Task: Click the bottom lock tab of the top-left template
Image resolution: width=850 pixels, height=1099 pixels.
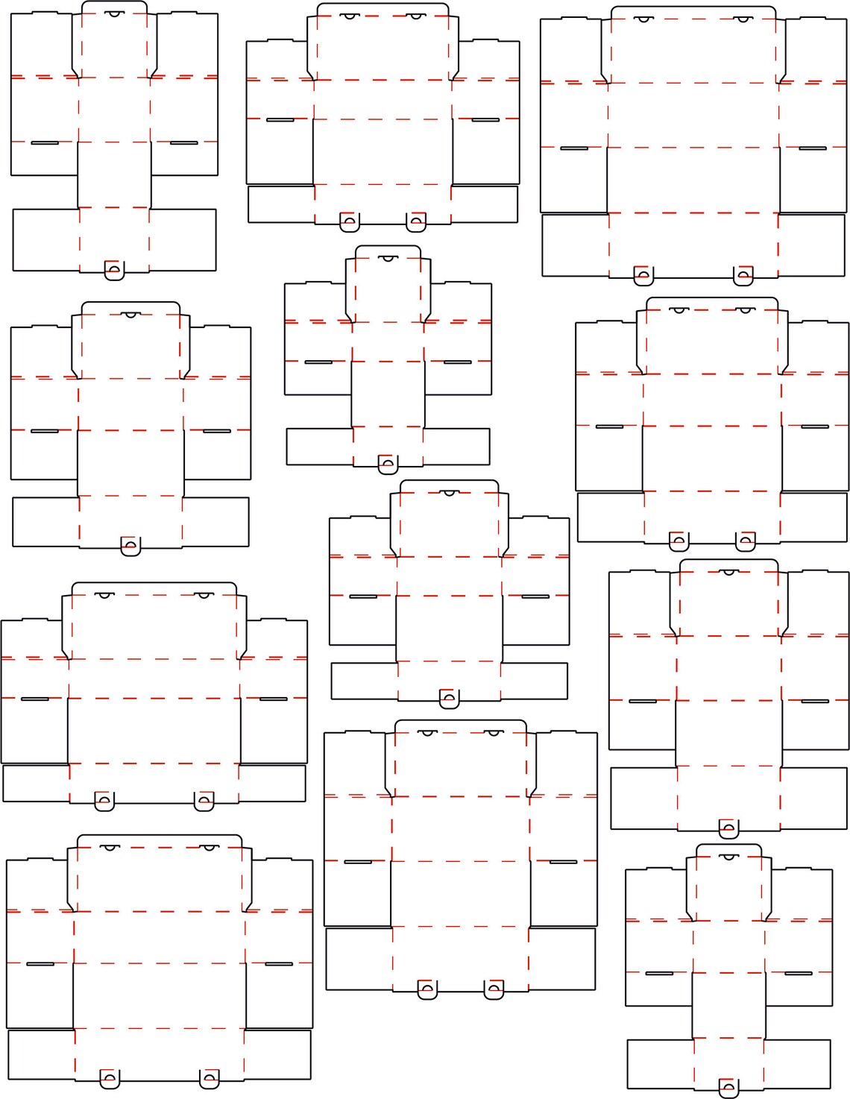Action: tap(114, 270)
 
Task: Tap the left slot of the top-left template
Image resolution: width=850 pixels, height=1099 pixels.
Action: tap(45, 142)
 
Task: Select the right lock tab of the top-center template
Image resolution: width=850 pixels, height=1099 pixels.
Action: tap(416, 221)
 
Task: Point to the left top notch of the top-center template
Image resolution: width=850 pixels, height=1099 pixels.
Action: tap(348, 15)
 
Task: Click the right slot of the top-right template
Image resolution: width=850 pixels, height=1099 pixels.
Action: tap(813, 148)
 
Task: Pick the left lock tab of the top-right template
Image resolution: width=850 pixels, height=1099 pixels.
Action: tap(643, 276)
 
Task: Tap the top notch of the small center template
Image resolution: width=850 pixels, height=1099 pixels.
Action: tap(387, 258)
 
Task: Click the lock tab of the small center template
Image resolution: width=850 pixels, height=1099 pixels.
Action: tap(387, 465)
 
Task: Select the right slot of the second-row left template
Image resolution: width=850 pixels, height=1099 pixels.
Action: tap(217, 431)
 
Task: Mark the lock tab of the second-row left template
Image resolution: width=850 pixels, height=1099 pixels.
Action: tap(130, 546)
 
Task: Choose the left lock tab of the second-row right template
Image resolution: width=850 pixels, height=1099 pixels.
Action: tap(679, 542)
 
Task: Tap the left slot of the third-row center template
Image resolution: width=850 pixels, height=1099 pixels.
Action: tap(363, 596)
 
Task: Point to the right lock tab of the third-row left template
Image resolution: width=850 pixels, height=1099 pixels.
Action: tap(204, 802)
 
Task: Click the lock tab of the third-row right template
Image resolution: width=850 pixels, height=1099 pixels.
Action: tap(728, 828)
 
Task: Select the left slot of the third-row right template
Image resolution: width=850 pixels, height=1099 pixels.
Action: tap(643, 702)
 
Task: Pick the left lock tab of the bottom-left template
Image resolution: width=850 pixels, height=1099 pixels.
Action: tap(110, 1078)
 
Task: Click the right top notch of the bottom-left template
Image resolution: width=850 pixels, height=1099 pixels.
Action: tap(210, 848)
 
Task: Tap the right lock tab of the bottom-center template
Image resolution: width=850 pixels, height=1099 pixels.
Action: tap(494, 990)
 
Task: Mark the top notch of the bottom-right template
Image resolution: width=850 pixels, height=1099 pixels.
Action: tap(728, 857)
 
